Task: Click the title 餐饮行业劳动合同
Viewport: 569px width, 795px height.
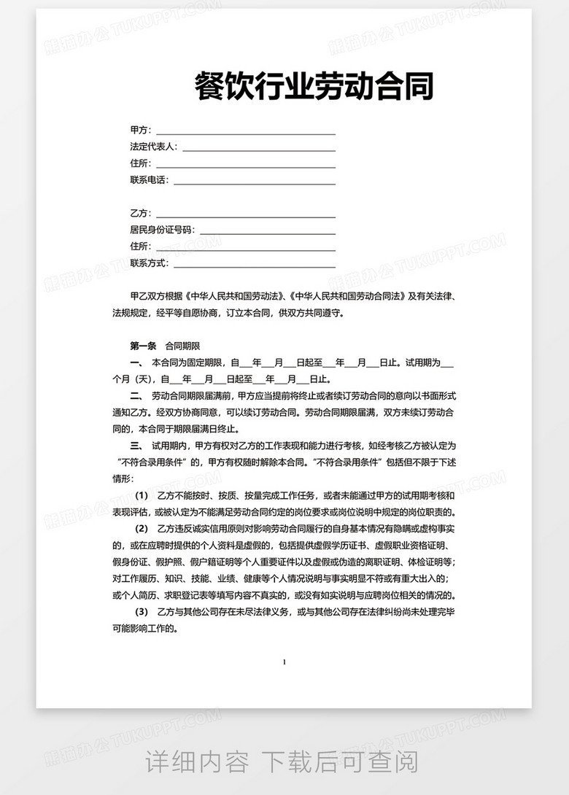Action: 314,87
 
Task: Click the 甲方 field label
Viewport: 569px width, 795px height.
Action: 139,131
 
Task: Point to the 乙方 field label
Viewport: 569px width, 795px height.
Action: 139,214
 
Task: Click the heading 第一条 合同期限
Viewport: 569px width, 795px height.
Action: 165,345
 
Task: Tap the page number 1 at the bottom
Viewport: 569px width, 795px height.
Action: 284,662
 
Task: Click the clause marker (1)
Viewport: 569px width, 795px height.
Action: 142,496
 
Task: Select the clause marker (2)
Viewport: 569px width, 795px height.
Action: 142,528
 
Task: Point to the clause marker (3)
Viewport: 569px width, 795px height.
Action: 142,611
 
